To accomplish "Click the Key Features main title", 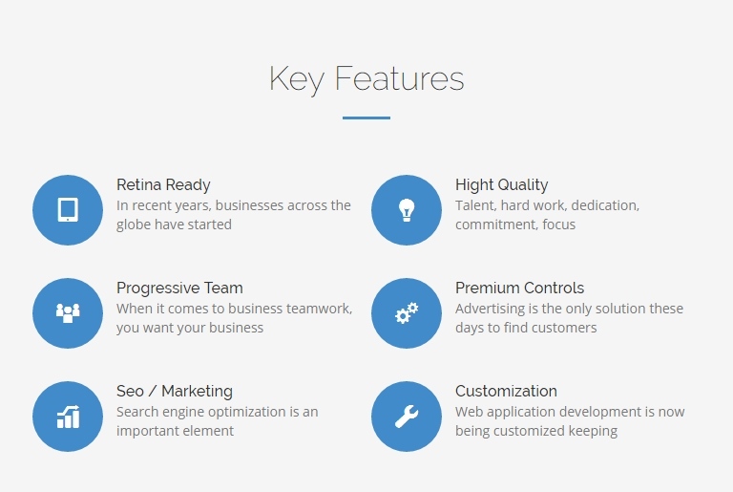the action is coord(366,78).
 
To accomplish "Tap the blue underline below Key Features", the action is coord(366,118).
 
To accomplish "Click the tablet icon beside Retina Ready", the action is coord(68,210).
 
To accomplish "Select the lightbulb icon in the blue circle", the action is coord(407,210).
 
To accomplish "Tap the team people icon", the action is coord(68,312).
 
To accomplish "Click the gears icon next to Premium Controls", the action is coord(407,312).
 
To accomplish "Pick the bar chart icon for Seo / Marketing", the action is coord(68,417).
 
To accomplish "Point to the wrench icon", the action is coord(407,417).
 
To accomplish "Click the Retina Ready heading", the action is coord(163,185).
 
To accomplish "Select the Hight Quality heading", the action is coord(502,185).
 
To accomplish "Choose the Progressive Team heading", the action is coord(179,288).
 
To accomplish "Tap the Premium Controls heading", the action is coord(520,288).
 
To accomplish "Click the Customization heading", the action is coord(506,391).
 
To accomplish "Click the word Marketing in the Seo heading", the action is coord(197,392).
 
